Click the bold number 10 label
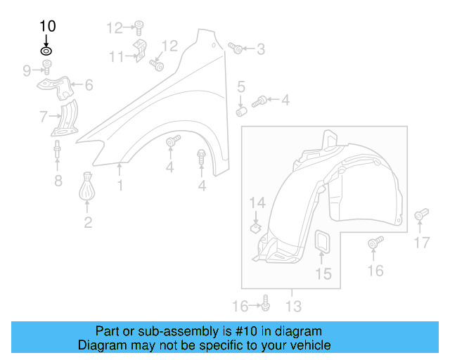[47, 27]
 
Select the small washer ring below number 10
[46, 51]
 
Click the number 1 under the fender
[120, 186]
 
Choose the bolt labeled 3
[236, 49]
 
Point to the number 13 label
[293, 306]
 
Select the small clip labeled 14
[256, 227]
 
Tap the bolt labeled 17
[420, 214]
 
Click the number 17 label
[420, 243]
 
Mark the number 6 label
[89, 86]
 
